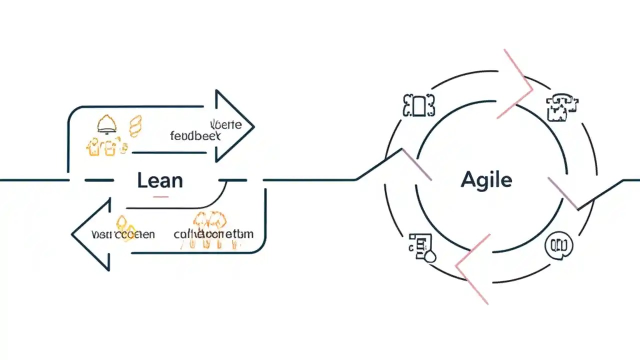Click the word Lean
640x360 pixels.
click(159, 180)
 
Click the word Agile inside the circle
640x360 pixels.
click(486, 179)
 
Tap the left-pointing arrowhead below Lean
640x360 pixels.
click(92, 234)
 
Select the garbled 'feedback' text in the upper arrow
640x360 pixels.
click(195, 135)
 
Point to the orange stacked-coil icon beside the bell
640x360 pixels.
click(135, 125)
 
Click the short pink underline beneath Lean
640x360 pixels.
click(160, 196)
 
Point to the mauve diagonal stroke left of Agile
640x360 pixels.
click(416, 164)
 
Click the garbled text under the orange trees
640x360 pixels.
click(213, 234)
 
